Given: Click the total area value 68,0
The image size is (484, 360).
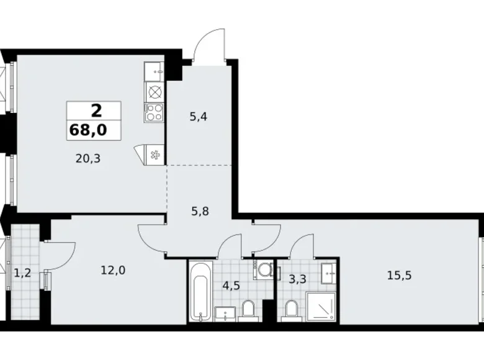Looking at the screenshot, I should pyautogui.click(x=96, y=131).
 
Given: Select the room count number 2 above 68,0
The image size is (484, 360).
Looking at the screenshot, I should pyautogui.click(x=96, y=111).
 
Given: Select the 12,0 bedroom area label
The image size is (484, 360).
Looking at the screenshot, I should pyautogui.click(x=112, y=270).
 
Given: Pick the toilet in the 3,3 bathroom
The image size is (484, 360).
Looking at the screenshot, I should pyautogui.click(x=290, y=308).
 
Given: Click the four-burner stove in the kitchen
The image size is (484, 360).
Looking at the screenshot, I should pyautogui.click(x=154, y=112).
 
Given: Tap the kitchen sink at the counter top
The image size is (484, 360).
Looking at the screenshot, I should pyautogui.click(x=154, y=71).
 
